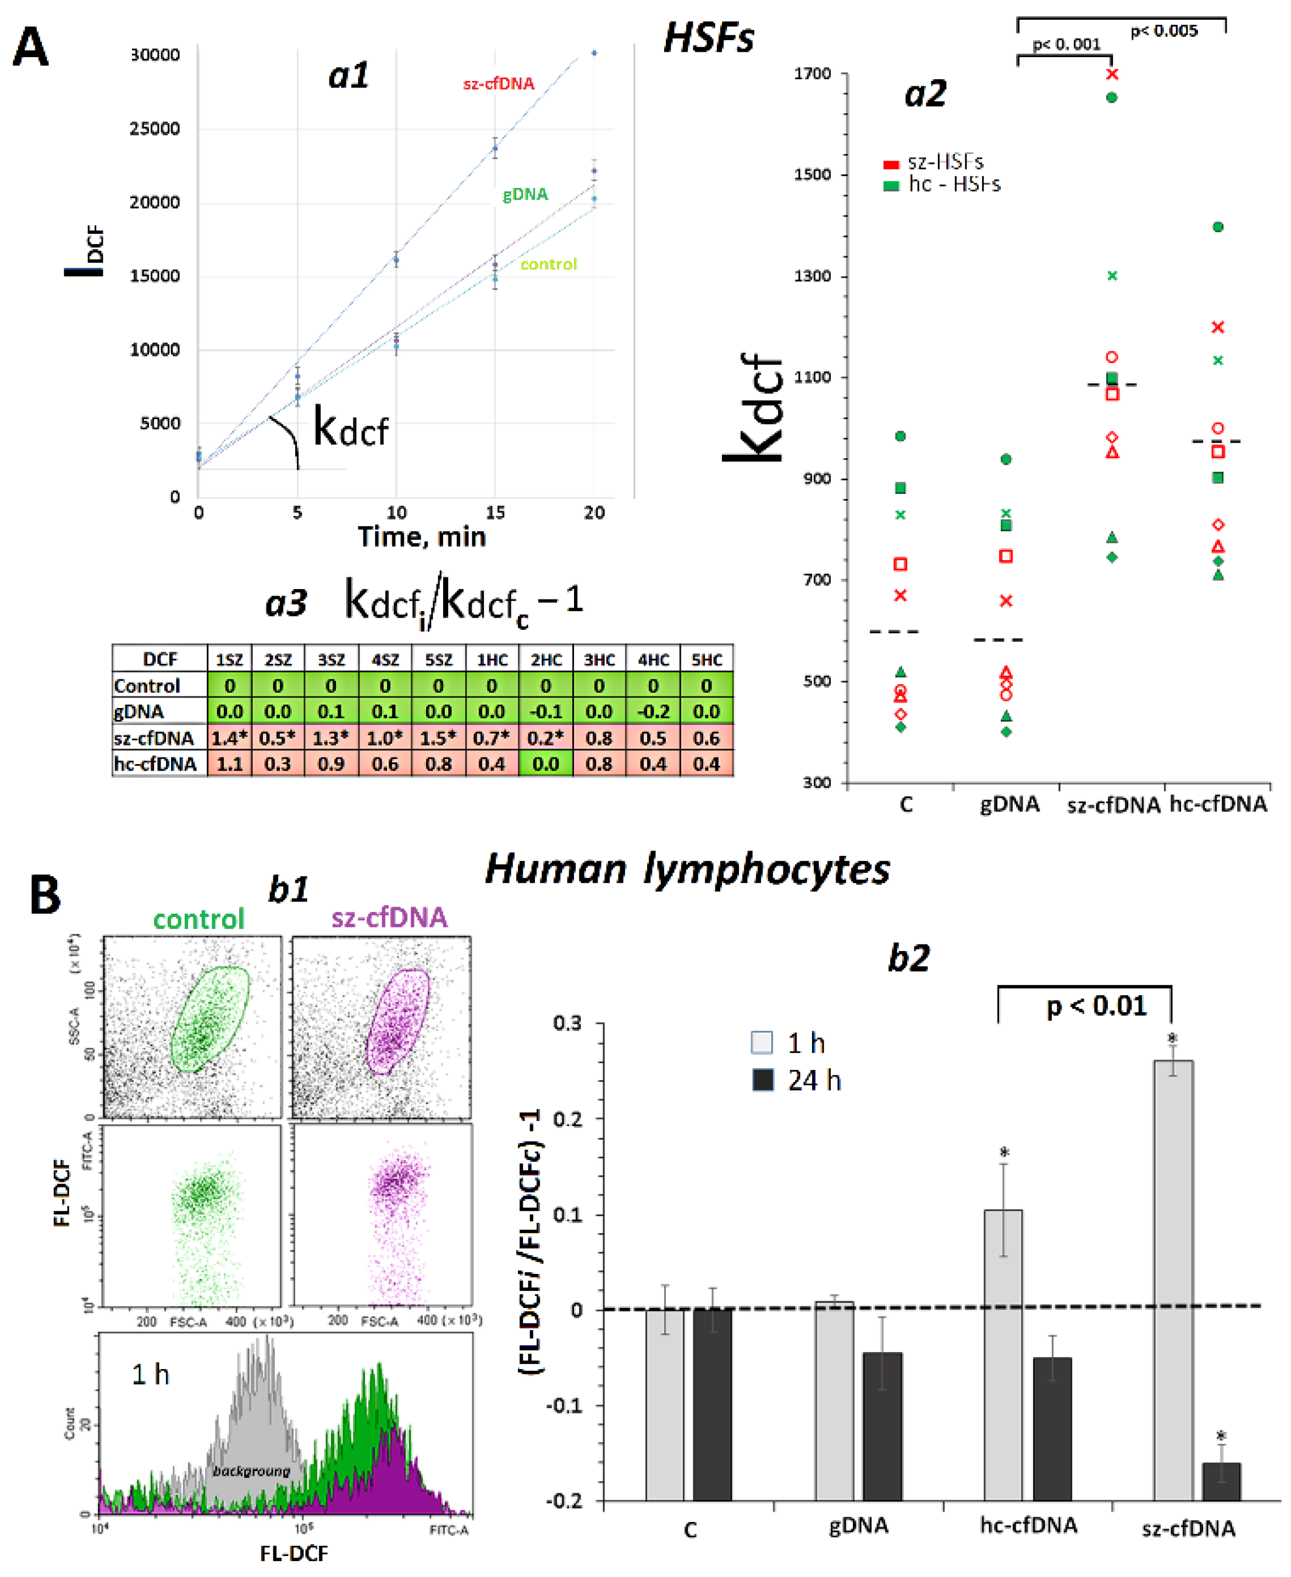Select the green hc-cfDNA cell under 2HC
coord(545,764)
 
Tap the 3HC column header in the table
coord(599,659)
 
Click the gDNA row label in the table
coord(139,712)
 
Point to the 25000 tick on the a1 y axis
coord(155,129)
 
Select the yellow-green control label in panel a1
coord(548,264)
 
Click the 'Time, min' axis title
coord(422,537)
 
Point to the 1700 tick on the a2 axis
coord(813,74)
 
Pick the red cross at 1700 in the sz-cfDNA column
coord(1112,74)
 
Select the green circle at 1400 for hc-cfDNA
coord(1218,227)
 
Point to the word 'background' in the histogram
coord(251,1471)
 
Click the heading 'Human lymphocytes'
coord(687,868)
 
